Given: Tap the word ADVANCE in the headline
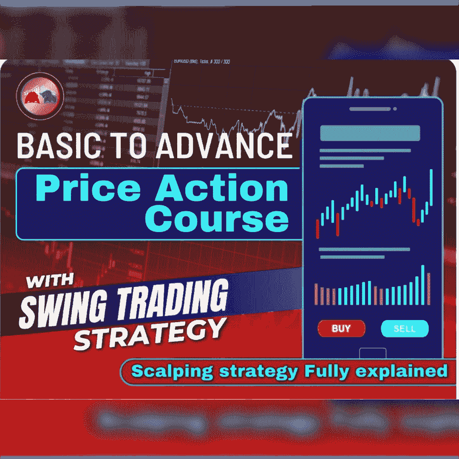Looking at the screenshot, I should (224, 146).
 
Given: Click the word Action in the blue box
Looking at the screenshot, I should (222, 190).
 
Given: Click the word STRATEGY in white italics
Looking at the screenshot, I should (149, 334).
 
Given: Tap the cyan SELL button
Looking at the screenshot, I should (405, 329).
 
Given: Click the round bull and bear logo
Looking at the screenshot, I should (40, 96).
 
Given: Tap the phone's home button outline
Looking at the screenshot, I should (373, 353).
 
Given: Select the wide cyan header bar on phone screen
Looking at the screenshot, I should (370, 133).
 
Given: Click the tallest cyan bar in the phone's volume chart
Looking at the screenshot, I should (423, 285).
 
